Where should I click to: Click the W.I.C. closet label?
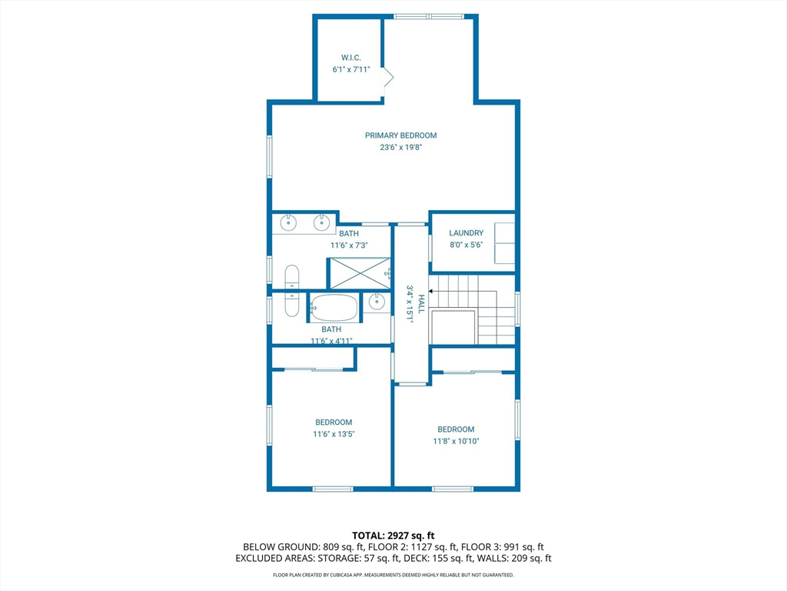point(350,58)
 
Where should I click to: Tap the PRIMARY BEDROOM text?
point(400,135)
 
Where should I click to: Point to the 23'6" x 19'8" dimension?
point(400,147)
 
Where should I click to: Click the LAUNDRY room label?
point(467,232)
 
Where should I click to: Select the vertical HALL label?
point(422,304)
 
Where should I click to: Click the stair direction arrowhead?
point(430,291)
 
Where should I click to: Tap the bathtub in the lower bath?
point(334,307)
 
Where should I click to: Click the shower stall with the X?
point(359,273)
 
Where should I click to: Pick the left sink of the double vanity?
point(289,222)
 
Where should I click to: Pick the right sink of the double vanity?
point(322,222)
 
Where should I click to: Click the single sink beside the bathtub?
point(377,302)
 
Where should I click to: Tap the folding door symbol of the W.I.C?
point(388,78)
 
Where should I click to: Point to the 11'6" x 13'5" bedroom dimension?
point(334,434)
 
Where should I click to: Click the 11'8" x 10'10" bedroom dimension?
point(457,441)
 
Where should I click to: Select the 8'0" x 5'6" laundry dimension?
point(467,245)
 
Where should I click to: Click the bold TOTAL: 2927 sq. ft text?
point(393,536)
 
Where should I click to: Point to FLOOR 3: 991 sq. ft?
point(503,547)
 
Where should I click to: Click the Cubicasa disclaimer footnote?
point(393,575)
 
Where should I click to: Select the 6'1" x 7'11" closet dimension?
point(351,70)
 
